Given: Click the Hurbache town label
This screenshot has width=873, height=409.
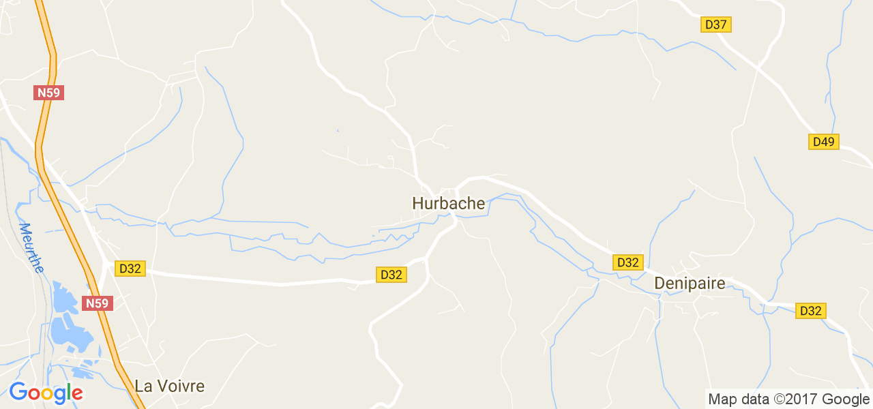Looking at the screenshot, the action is point(448,204).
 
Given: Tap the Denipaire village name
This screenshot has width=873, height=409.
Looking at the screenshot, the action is point(690,284).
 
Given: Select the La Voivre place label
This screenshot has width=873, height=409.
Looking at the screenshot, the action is point(169,386).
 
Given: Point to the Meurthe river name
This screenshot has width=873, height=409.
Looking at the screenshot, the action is point(31,247).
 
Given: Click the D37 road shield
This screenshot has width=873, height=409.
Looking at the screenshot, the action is point(716,25).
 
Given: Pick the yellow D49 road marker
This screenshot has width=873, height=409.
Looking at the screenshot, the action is point(824,142).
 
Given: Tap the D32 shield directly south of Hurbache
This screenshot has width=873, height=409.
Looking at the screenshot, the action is point(391,275).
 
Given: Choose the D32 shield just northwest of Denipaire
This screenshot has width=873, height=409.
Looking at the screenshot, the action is point(627,262).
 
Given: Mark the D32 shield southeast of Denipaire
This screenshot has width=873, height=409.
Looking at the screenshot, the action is point(810,311).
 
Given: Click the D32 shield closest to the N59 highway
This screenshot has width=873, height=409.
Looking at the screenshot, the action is point(130,269).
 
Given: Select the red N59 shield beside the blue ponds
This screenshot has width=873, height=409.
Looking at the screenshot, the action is point(97,303).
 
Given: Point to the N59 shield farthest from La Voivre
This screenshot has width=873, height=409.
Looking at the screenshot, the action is point(48,93).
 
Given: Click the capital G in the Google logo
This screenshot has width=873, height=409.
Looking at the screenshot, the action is point(18,392).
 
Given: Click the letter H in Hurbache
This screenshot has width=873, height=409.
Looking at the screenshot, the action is point(418,204).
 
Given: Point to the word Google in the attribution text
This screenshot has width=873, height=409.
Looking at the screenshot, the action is point(845,399).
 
